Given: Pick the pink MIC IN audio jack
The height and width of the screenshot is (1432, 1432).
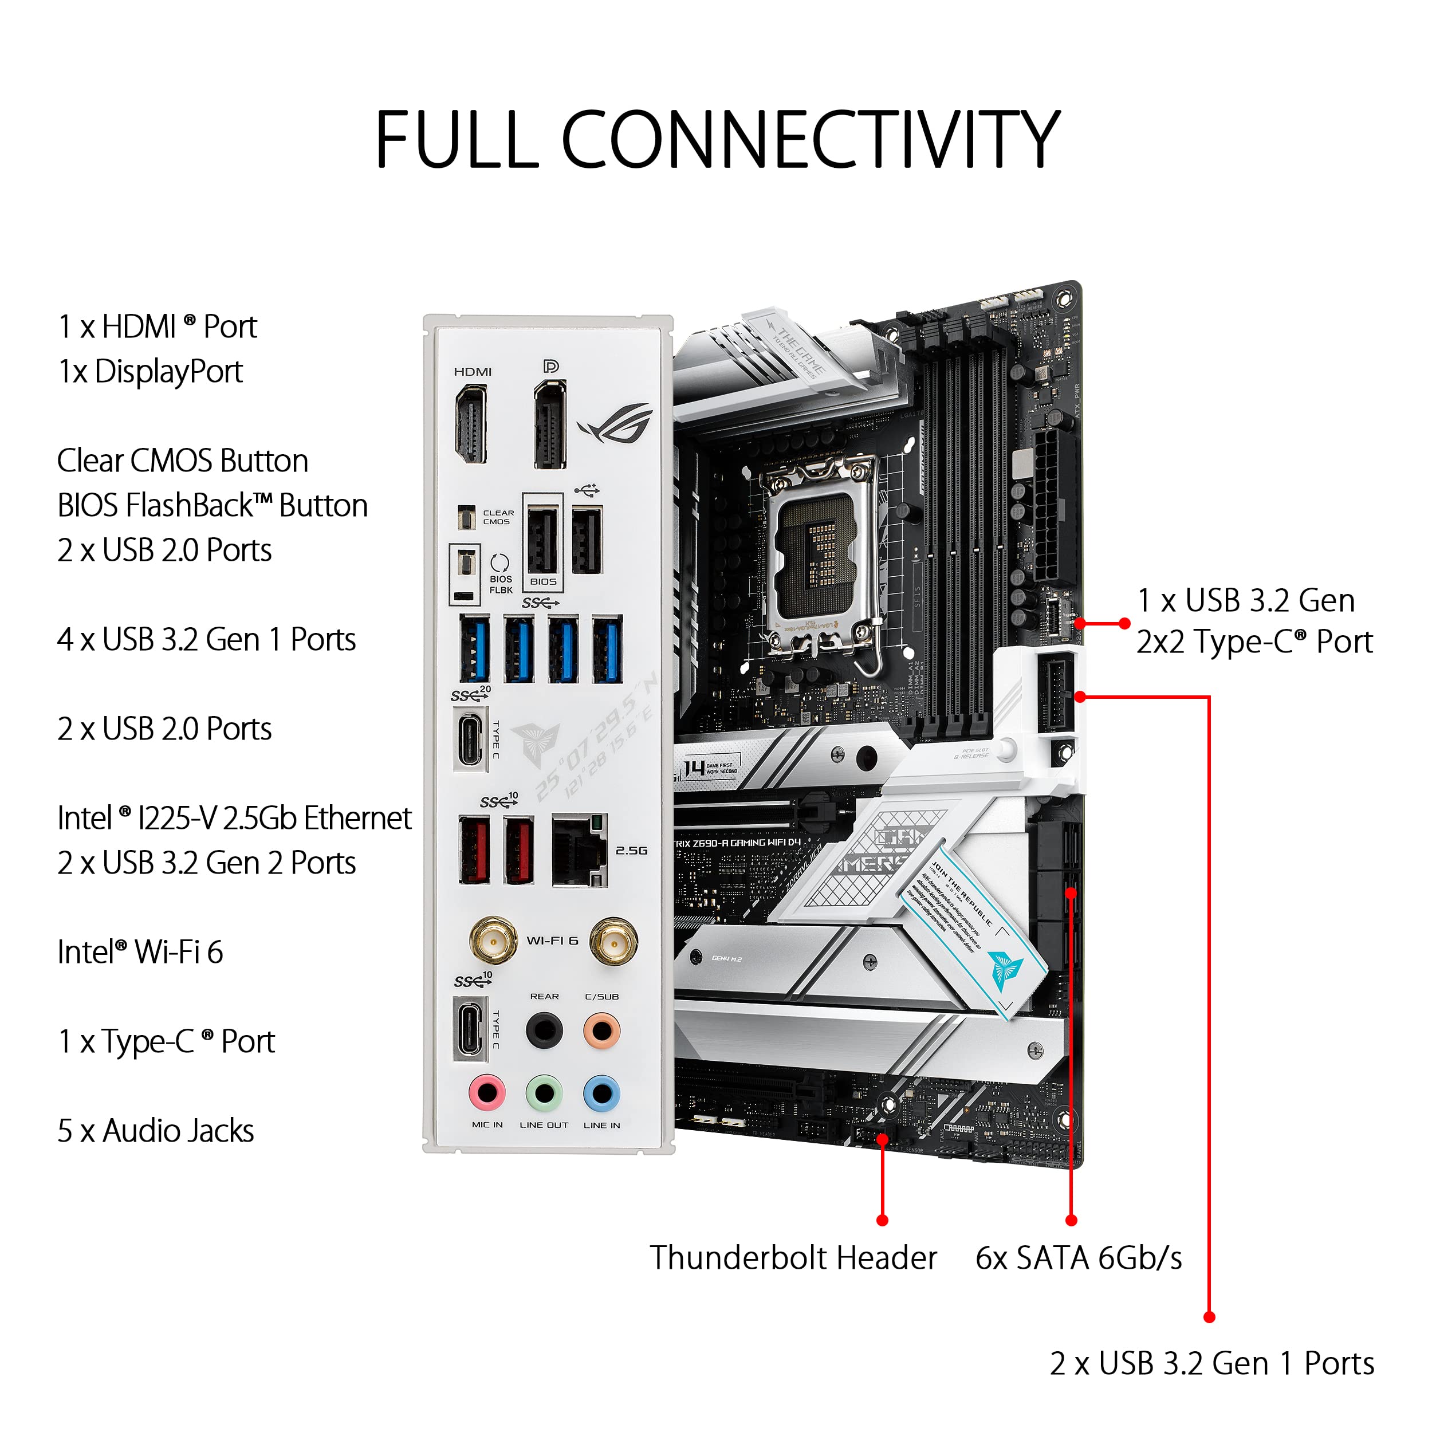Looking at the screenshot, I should (487, 1092).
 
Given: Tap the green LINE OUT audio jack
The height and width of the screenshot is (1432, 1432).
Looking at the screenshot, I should (544, 1092).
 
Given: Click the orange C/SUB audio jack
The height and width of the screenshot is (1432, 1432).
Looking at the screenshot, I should (601, 1030).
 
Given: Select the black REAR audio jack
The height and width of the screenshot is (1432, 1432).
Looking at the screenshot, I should (544, 1030).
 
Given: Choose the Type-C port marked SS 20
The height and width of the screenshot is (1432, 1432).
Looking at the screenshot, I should (470, 738).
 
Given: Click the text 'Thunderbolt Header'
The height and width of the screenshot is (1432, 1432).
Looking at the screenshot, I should (793, 1258).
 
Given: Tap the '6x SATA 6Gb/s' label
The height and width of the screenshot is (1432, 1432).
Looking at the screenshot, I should (1079, 1258).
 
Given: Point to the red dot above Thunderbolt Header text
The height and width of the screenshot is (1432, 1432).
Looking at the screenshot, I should (882, 1220).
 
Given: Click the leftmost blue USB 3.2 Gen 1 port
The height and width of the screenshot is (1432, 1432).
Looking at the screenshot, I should (474, 648).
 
